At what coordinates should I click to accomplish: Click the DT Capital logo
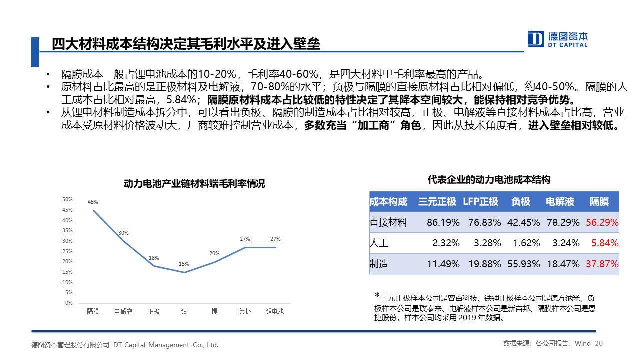(x=558, y=39)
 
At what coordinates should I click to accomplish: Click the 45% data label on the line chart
(x=93, y=202)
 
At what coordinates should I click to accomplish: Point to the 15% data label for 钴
(x=184, y=264)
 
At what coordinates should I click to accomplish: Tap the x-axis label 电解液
(x=123, y=312)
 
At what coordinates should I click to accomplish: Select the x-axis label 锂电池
(x=275, y=312)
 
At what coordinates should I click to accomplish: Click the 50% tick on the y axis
(x=67, y=199)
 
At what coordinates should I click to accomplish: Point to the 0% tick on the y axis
(x=69, y=303)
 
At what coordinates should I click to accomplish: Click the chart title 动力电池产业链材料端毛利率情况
(x=194, y=184)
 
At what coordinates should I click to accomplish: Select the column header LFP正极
(x=480, y=202)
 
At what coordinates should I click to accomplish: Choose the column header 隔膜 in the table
(x=599, y=202)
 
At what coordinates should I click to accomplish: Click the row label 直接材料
(x=388, y=223)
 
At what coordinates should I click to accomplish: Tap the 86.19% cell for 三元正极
(x=443, y=223)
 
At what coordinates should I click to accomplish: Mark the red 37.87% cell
(x=602, y=264)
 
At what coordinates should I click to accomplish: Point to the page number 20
(x=599, y=344)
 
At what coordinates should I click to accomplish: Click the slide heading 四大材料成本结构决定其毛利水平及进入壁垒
(x=186, y=44)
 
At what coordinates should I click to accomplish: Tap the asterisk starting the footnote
(x=377, y=295)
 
